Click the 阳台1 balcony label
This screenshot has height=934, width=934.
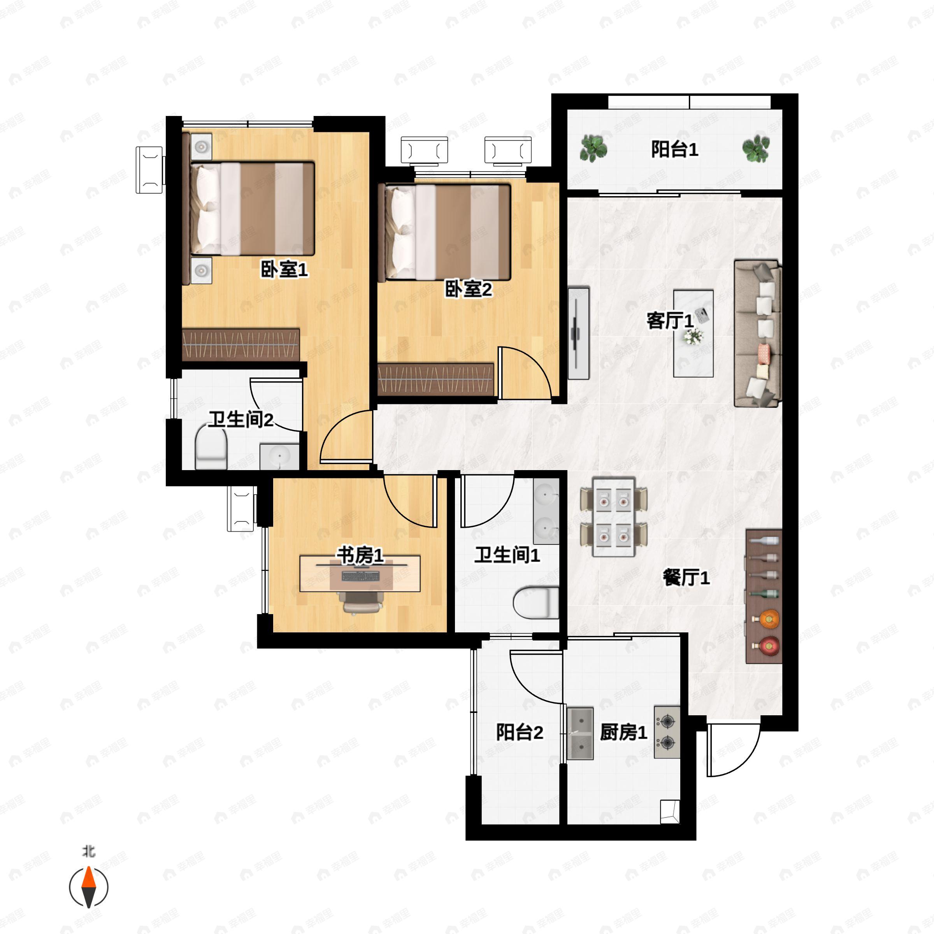[674, 149]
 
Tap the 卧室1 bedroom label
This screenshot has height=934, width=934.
[284, 269]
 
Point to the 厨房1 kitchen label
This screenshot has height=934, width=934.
[623, 732]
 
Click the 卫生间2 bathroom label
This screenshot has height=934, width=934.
[241, 419]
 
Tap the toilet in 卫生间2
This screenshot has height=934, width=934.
[211, 449]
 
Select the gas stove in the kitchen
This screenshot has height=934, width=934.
[667, 732]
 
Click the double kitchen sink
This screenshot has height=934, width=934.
[579, 733]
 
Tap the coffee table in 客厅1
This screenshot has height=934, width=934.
[693, 333]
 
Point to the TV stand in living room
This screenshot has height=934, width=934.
[578, 333]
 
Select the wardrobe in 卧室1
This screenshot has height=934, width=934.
[241, 345]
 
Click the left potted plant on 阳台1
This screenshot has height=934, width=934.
[593, 148]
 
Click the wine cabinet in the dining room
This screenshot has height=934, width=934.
[763, 596]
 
